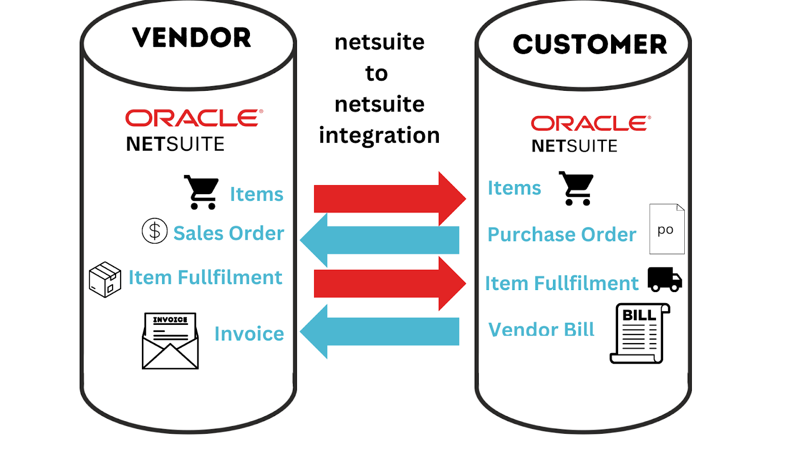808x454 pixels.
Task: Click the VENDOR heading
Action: coord(191,38)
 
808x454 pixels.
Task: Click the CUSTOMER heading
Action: coord(589,44)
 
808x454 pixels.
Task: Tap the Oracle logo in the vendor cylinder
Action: coord(194,118)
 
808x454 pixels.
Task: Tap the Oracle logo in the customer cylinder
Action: coord(590,123)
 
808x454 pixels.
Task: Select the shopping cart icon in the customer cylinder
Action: coord(576,188)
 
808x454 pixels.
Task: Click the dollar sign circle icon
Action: coord(155,231)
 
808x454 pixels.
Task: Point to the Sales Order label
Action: coord(229,233)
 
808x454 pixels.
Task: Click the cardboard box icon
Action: coord(105,279)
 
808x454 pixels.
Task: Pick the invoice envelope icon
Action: coord(170,341)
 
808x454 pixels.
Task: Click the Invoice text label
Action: coord(249,333)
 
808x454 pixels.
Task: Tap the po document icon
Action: coord(666,229)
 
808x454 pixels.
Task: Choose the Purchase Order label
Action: coord(562,235)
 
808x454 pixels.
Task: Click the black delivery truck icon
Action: coord(665,279)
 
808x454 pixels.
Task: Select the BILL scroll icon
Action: coord(639,333)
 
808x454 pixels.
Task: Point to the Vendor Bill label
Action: coord(541,329)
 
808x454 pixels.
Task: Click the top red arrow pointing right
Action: coord(389,198)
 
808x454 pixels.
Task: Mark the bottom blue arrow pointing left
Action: coord(380,331)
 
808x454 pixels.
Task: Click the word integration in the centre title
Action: coord(379,136)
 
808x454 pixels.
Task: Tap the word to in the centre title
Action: coord(376,74)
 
